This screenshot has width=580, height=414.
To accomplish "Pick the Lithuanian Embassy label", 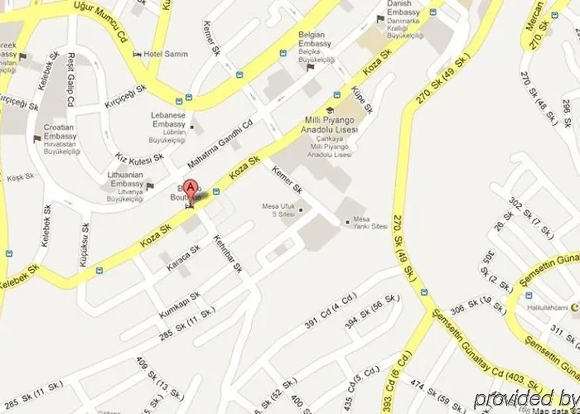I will tap(128, 183).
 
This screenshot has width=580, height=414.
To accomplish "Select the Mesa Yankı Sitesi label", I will tap(370, 221).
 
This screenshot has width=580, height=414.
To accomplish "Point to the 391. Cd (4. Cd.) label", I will tap(333, 311).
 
